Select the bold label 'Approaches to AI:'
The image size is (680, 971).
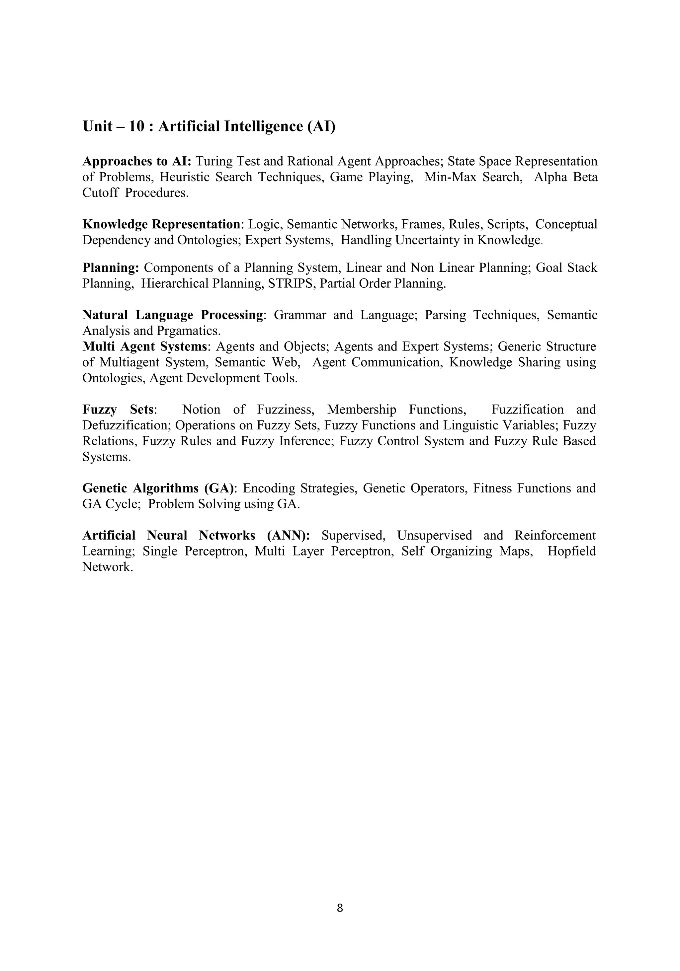pos(137,161)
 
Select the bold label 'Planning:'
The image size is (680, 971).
pos(111,268)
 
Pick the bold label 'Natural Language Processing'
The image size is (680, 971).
pos(173,315)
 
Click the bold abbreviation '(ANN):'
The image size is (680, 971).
pos(289,535)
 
